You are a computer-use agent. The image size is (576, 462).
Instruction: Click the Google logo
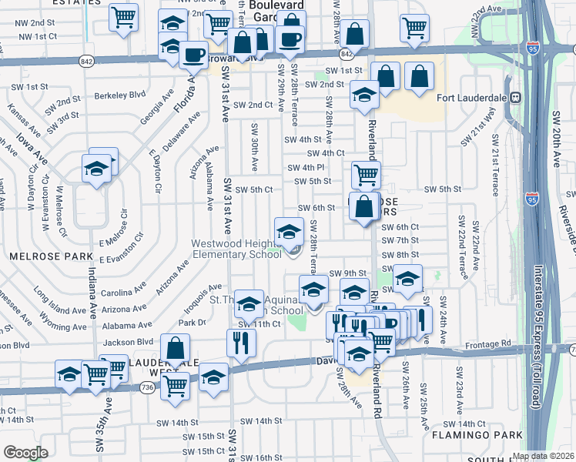pos(25,452)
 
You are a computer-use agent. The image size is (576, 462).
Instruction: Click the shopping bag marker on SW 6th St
pos(364,206)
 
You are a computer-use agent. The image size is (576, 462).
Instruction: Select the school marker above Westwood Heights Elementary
pos(288,229)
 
